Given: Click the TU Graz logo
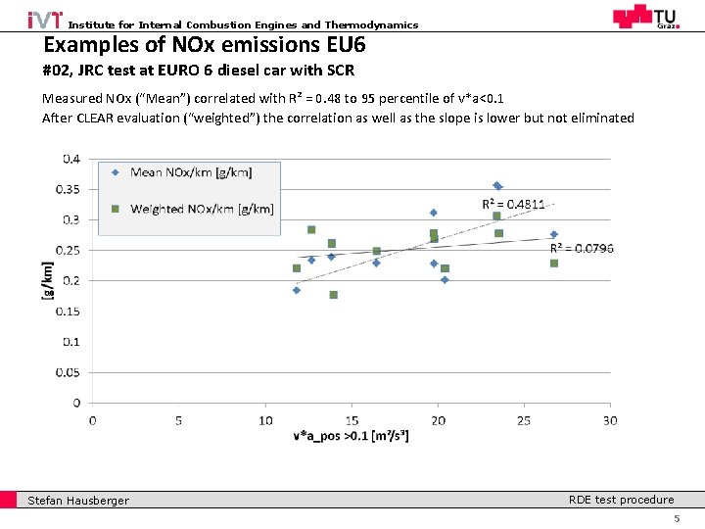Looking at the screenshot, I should (x=643, y=17).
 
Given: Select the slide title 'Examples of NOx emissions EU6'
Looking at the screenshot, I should (x=205, y=45).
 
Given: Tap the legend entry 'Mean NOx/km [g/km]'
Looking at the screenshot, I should (x=191, y=172).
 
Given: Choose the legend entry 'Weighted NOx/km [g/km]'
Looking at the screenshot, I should (x=202, y=209).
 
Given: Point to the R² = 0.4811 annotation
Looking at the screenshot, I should (x=514, y=204).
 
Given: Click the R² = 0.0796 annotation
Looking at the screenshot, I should (x=582, y=248).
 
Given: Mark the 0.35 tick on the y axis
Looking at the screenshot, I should (x=71, y=189).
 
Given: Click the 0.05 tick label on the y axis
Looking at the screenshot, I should (x=71, y=372).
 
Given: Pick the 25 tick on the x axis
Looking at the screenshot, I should (x=524, y=420).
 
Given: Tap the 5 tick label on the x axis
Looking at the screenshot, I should (x=179, y=420).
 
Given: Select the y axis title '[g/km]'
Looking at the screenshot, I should (x=48, y=280).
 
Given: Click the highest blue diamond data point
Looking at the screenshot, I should (x=497, y=185).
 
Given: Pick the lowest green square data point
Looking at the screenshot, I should (x=333, y=295).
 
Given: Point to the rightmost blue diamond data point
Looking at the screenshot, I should (x=553, y=234).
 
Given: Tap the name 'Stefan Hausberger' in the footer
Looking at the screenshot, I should (x=78, y=501).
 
